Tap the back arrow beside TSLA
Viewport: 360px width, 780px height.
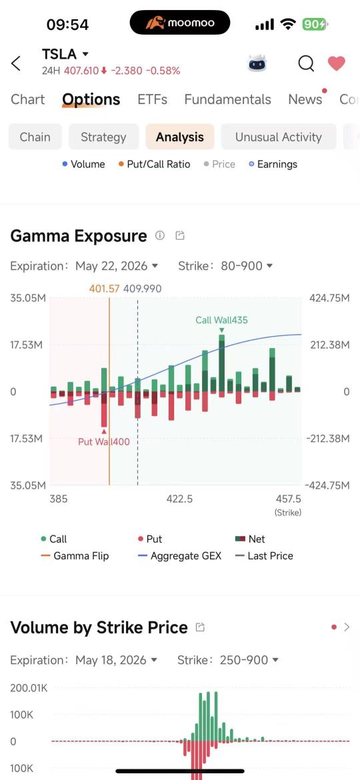tap(16, 64)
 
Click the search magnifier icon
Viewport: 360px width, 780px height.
tap(306, 64)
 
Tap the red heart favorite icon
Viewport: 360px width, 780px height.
tap(336, 64)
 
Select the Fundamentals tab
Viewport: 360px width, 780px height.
tap(228, 99)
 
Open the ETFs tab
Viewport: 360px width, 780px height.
tap(152, 99)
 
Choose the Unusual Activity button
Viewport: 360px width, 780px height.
tap(279, 137)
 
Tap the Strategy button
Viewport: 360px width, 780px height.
tap(103, 137)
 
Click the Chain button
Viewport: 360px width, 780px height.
tap(35, 137)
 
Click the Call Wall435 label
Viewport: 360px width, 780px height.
tap(221, 320)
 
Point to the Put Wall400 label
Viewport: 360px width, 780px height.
tap(103, 441)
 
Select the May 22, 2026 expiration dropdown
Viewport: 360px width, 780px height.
tap(117, 266)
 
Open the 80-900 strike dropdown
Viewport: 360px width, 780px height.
tap(246, 266)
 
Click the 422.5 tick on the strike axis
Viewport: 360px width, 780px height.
tap(179, 499)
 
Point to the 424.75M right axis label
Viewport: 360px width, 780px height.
tap(329, 298)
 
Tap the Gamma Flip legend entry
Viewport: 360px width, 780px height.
tap(75, 555)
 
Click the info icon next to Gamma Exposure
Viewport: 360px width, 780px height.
tap(159, 235)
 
